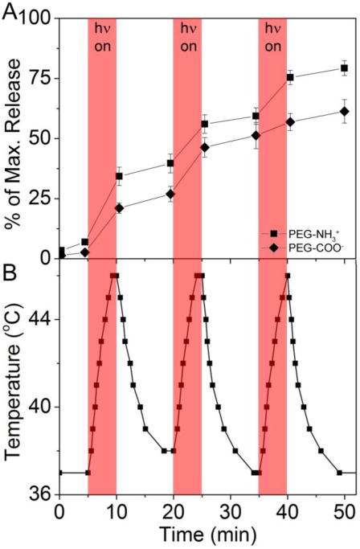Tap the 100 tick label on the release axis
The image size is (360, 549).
pos(38,18)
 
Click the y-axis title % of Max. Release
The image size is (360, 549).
pos(14,137)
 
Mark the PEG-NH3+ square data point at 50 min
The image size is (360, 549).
pos(345,68)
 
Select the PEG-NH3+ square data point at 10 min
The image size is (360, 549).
pos(119,176)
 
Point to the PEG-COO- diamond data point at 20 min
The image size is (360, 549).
pos(170,195)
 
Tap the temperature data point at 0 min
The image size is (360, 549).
pos(59,473)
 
